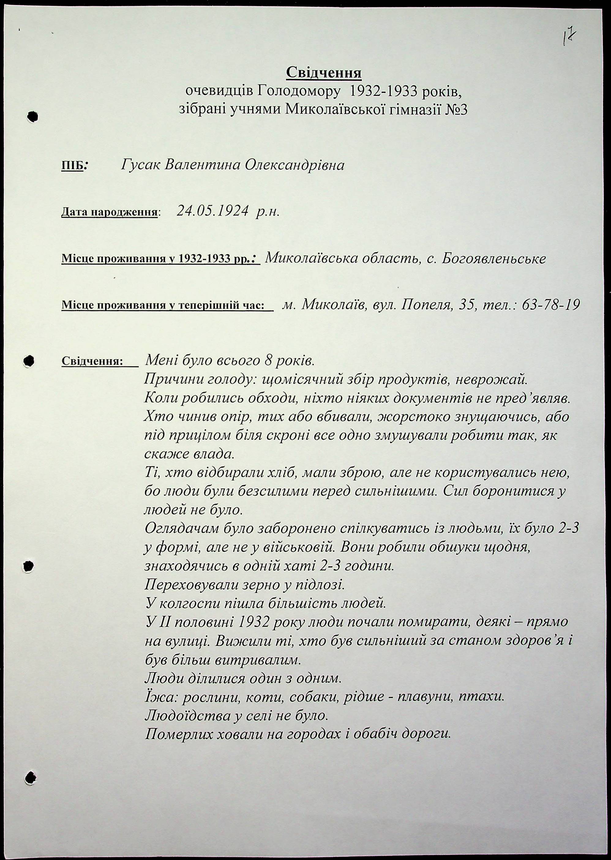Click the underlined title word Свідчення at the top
pyautogui.click(x=324, y=73)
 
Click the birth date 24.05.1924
pyautogui.click(x=212, y=212)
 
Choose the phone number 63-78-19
pyautogui.click(x=551, y=304)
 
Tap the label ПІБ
pyautogui.click(x=72, y=166)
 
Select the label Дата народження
pyautogui.click(x=109, y=212)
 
